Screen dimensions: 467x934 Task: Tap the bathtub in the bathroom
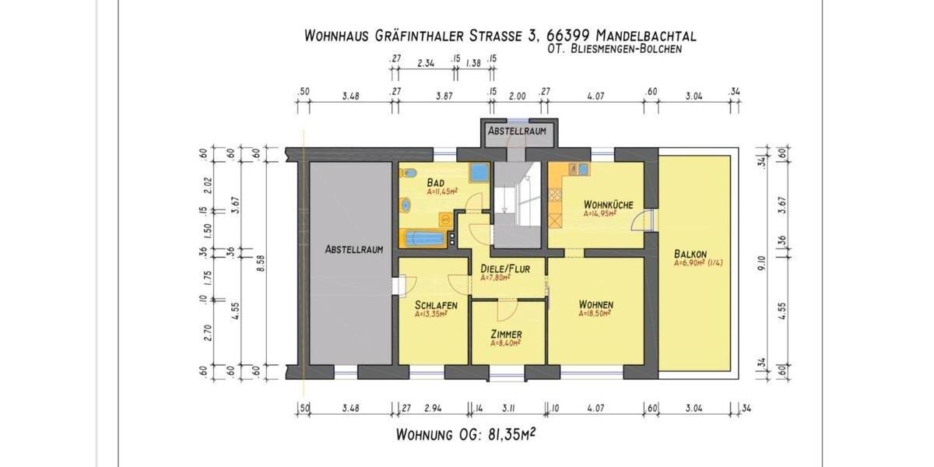(423, 238)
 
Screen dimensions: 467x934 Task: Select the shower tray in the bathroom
(479, 173)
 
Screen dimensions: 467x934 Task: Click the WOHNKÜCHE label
(609, 205)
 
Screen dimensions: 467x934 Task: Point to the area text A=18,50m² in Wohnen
(595, 314)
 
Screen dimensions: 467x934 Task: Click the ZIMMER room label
(506, 334)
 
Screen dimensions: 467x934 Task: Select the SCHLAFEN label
(436, 305)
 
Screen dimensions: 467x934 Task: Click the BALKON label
(690, 254)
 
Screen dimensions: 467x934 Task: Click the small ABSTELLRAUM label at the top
(517, 132)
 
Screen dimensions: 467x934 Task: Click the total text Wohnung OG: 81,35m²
(465, 434)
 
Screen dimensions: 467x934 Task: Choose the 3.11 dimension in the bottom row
(511, 406)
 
